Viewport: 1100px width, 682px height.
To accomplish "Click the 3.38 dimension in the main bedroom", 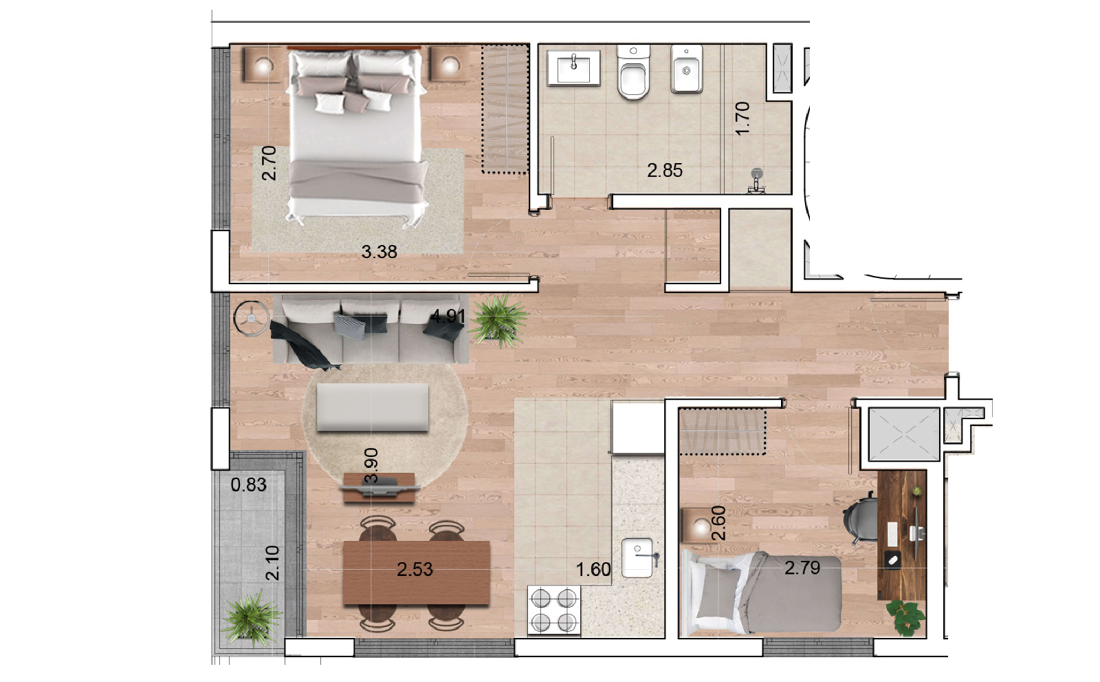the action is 379,252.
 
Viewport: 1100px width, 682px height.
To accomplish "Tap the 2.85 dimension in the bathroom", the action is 664,170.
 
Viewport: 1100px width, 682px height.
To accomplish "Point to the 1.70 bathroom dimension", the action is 742,118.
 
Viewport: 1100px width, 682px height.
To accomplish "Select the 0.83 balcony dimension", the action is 248,484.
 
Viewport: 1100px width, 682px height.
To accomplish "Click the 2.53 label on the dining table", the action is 415,569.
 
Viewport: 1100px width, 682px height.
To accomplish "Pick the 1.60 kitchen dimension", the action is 593,569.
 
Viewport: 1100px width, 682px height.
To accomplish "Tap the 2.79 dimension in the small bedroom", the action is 802,568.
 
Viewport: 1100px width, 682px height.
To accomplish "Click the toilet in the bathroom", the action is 633,72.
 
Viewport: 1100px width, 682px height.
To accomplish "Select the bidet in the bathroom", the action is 687,70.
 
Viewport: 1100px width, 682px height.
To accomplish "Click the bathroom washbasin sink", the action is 573,68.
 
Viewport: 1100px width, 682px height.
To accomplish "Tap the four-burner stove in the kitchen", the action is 554,609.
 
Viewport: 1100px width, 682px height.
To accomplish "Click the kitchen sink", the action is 639,557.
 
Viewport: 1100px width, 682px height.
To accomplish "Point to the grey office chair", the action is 860,518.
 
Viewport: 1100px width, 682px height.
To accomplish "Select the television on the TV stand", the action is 380,487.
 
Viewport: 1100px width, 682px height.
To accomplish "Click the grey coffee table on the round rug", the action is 373,407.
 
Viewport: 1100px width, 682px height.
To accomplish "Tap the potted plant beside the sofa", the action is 499,319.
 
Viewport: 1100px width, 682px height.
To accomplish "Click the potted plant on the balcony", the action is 252,618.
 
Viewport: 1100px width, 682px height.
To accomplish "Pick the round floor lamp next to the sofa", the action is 252,319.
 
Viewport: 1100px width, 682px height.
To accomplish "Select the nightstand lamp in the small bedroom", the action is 701,527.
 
